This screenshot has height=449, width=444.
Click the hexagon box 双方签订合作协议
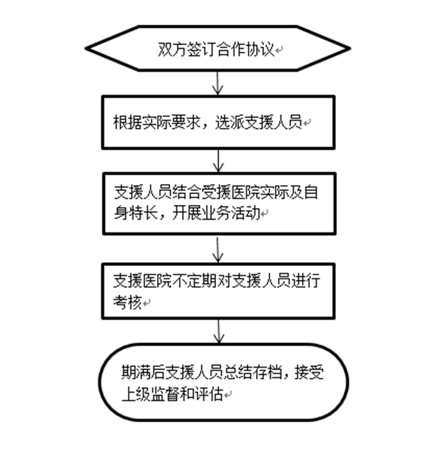tap(218, 50)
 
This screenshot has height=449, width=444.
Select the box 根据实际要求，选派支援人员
tap(218, 122)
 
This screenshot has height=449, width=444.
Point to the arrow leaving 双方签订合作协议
tap(215, 84)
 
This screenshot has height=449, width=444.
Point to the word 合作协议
tap(249, 50)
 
